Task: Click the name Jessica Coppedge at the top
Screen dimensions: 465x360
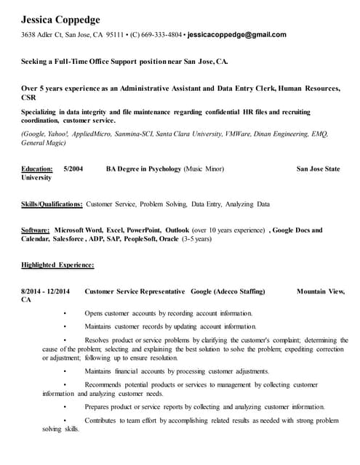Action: (x=60, y=20)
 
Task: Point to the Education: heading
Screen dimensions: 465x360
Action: (x=37, y=169)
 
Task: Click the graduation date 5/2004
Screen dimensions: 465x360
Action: (x=73, y=169)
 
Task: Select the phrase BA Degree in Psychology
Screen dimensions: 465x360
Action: (x=143, y=169)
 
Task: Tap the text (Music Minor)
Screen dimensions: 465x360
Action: (x=204, y=169)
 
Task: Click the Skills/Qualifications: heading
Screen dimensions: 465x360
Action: (x=52, y=204)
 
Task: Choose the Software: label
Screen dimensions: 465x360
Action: (x=36, y=230)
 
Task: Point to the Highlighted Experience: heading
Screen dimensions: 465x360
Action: (x=57, y=265)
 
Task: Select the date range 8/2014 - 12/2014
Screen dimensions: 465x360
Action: (x=45, y=291)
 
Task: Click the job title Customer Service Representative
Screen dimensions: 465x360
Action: (x=135, y=291)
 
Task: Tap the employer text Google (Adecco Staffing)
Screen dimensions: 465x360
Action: (x=228, y=291)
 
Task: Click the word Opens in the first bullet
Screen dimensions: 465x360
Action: (x=94, y=313)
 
